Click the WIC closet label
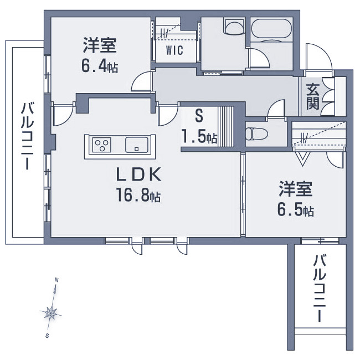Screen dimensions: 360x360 click(x=174, y=50)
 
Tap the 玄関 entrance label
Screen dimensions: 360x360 click(x=313, y=97)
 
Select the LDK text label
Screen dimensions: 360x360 click(x=138, y=176)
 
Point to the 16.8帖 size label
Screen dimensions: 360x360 click(x=138, y=195)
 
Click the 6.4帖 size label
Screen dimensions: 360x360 click(x=100, y=67)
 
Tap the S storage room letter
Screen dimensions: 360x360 click(x=199, y=116)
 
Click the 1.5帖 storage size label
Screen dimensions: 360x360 click(x=199, y=137)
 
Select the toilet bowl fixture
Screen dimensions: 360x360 click(x=256, y=133)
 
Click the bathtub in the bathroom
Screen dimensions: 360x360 click(x=271, y=30)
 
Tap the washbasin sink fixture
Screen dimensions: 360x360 click(x=234, y=27)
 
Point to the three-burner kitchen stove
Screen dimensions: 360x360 click(x=102, y=145)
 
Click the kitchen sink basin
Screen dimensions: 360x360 click(x=137, y=145)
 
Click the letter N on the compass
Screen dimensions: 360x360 click(x=56, y=280)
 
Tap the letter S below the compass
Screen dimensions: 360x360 click(x=47, y=336)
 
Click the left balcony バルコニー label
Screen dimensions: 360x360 click(x=28, y=137)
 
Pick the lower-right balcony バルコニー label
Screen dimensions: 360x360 click(x=320, y=289)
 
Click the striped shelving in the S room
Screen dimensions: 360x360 click(x=225, y=126)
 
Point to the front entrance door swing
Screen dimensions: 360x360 click(x=319, y=56)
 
